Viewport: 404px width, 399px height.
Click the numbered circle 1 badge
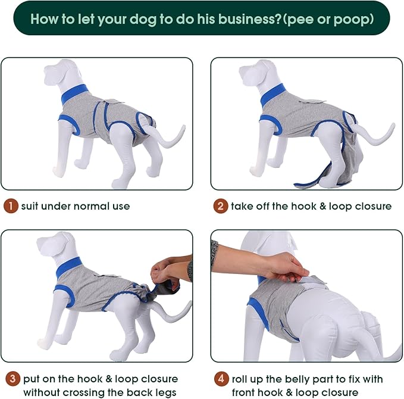11,207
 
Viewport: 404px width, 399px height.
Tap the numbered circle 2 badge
221,207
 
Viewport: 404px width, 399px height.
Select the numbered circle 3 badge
11,378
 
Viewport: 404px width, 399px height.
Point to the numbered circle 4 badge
221,378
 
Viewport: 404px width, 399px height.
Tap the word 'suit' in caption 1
31,207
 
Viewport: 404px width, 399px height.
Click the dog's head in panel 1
57,74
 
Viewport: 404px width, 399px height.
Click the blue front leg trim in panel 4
259,313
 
